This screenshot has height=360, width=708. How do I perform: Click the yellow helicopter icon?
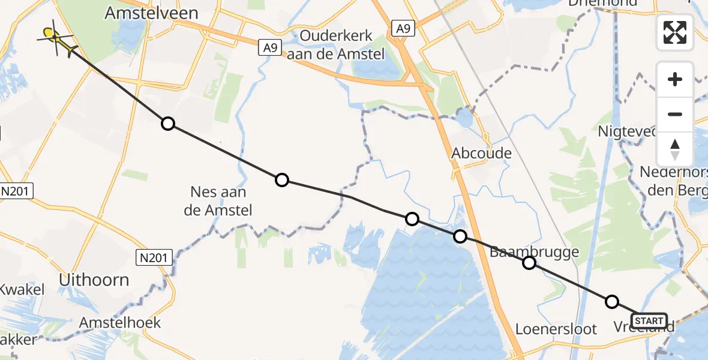[57, 38]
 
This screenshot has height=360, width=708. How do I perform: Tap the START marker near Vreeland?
[649, 320]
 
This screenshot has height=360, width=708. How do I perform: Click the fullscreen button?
[675, 32]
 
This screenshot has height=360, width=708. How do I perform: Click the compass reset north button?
[675, 149]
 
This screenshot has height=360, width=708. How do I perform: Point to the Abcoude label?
[482, 153]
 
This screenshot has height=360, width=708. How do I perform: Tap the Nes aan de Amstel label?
[221, 201]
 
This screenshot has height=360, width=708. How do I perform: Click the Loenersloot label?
[556, 329]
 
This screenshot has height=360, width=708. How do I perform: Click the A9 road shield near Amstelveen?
[271, 47]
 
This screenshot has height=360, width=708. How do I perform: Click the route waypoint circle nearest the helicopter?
[168, 124]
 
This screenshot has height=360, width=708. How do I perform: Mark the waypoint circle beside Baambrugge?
[529, 263]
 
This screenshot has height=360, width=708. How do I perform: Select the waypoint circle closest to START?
[611, 302]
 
